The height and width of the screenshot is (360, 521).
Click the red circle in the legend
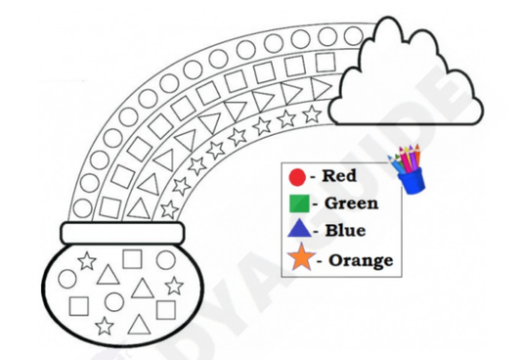297,178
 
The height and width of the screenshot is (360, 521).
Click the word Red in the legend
339,177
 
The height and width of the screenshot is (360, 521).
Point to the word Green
351,203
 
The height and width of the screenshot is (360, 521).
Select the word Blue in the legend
345,231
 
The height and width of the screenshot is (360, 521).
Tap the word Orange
361,259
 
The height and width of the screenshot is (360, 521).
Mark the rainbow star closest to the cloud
311,114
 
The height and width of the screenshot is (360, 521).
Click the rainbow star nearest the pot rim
169,207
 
